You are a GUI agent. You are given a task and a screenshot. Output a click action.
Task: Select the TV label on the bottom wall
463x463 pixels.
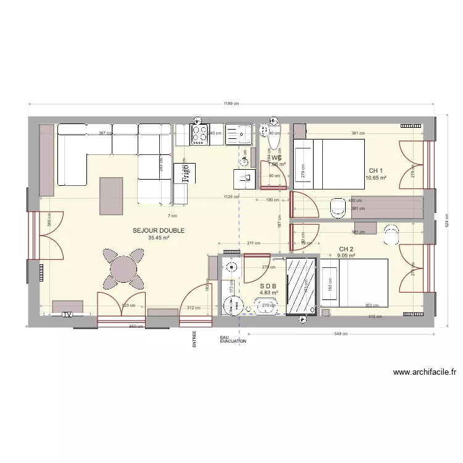pyautogui.click(x=67, y=315)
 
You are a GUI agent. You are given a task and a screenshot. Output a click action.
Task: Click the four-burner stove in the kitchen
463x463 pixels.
pyautogui.click(x=199, y=135)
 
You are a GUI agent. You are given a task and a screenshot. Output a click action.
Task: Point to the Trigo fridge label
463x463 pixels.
pyautogui.click(x=184, y=173)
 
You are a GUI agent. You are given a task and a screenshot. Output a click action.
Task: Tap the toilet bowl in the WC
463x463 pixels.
pyautogui.click(x=273, y=138)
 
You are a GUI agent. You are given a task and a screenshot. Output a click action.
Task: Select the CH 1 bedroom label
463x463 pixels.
pyautogui.click(x=376, y=171)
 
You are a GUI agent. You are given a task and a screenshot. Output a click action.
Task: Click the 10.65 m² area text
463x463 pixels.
pyautogui.click(x=376, y=178)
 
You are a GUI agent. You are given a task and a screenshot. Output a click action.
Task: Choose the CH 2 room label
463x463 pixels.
pyautogui.click(x=346, y=249)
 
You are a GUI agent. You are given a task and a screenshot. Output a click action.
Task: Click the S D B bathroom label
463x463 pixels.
pyautogui.click(x=269, y=286)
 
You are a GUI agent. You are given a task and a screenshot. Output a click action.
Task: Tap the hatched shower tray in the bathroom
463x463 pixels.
pyautogui.click(x=302, y=286)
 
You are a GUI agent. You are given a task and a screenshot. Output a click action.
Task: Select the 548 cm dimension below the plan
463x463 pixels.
pyautogui.click(x=341, y=334)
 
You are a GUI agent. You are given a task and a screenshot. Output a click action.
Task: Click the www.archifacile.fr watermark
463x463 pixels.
pyautogui.click(x=424, y=372)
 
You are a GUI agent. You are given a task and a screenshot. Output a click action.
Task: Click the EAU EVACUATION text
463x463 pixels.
pyautogui.click(x=233, y=339)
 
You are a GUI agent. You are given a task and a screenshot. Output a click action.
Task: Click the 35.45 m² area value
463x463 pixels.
pyautogui.click(x=159, y=238)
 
